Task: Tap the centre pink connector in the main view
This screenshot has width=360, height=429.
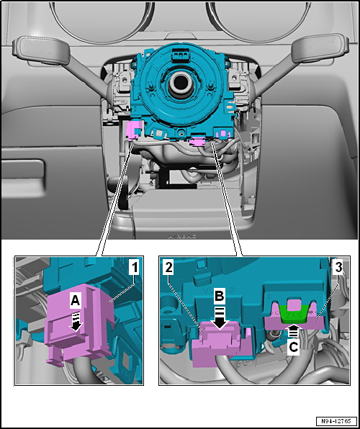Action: pos(196,143)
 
